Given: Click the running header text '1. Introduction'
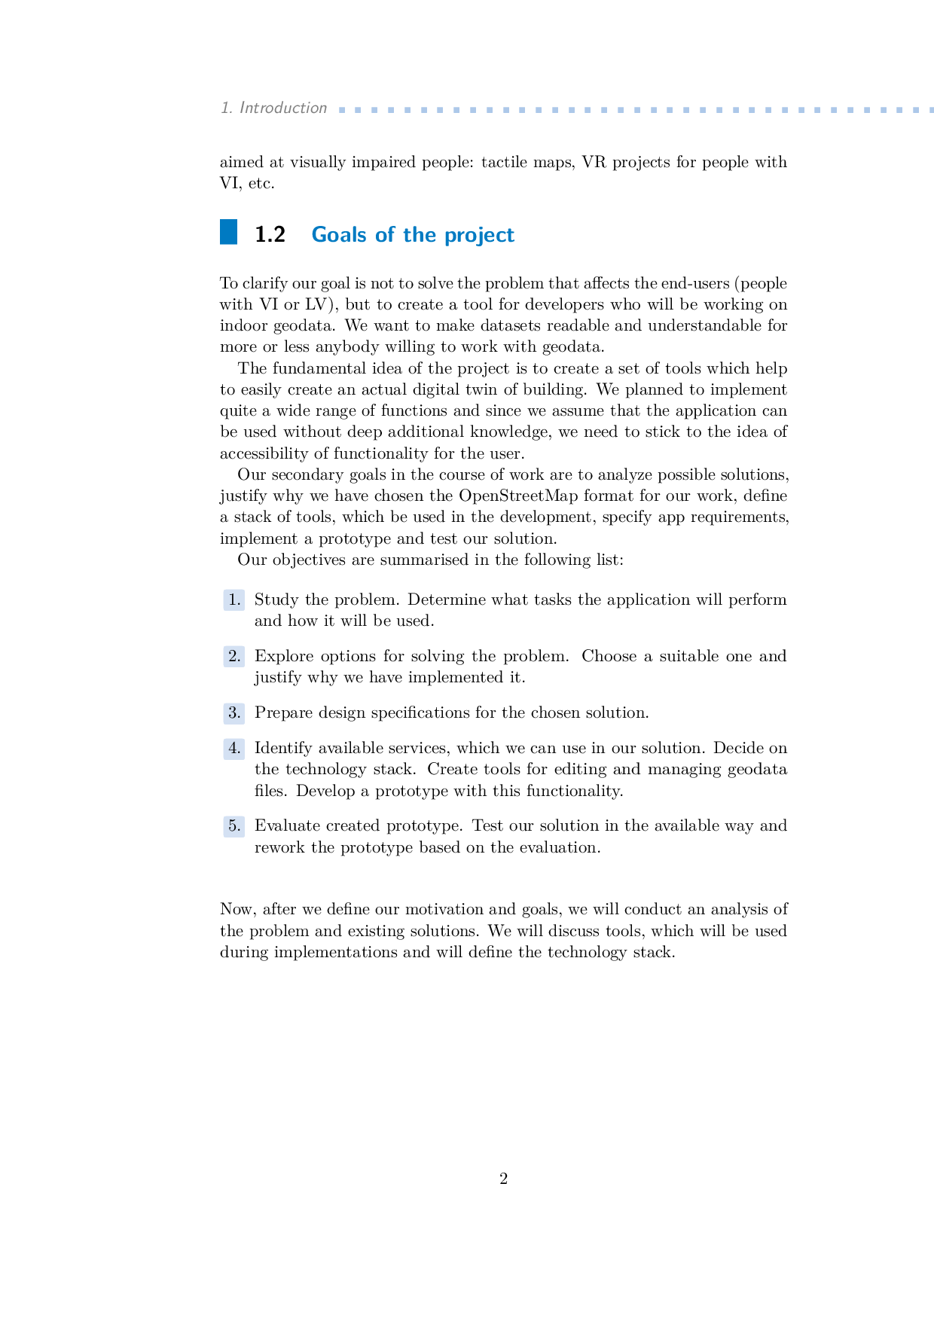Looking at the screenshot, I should [x=273, y=108].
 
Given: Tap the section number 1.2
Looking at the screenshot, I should [x=270, y=235].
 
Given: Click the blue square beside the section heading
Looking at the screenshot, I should [x=228, y=232].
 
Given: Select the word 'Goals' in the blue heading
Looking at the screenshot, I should [x=339, y=235].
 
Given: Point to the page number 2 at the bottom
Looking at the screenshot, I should [x=503, y=1179].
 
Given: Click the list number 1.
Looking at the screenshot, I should [x=234, y=600].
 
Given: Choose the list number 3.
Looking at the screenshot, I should [x=234, y=713].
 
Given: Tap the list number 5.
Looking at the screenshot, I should [x=234, y=826].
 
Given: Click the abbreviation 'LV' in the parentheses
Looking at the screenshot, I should [x=313, y=305].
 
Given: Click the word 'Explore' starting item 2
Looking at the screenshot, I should [x=283, y=657].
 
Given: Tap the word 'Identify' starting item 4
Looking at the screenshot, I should [x=282, y=749].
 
